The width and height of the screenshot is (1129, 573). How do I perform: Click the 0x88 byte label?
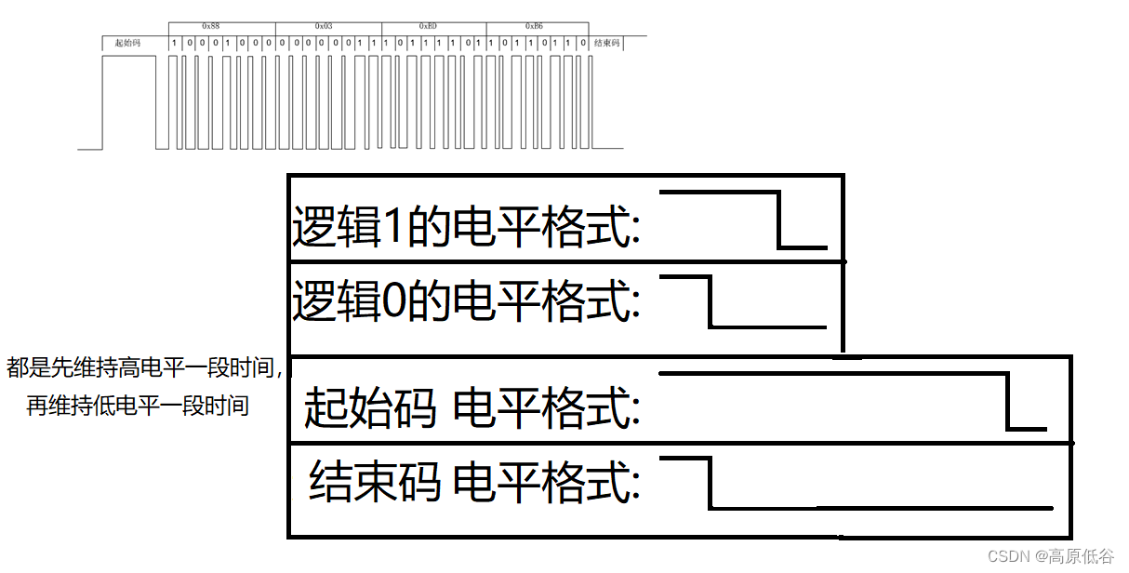210,26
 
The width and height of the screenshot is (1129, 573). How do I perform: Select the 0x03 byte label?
324,26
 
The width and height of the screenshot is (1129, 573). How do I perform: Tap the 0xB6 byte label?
534,26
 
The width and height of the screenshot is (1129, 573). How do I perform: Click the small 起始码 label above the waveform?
127,43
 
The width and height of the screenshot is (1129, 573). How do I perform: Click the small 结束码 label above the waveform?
606,43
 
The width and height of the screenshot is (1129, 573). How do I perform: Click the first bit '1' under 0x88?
175,43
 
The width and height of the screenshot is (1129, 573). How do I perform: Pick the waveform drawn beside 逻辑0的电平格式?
742,300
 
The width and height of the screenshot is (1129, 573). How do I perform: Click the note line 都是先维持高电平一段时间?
144,368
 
